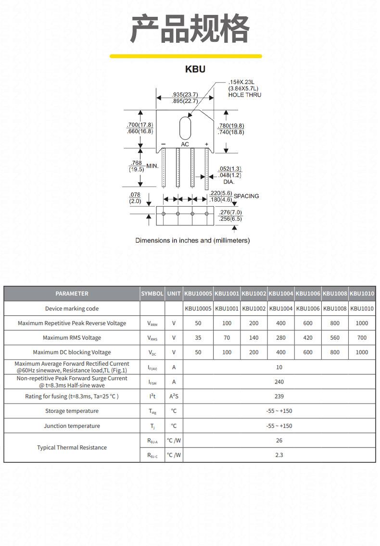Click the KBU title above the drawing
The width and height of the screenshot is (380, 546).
click(x=195, y=69)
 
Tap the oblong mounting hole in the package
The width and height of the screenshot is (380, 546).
click(x=185, y=128)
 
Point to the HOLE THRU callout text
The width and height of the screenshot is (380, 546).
click(x=245, y=95)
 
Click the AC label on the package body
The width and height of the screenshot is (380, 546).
click(x=185, y=144)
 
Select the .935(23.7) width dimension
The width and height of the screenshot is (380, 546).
click(x=185, y=94)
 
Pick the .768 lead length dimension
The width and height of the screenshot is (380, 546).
click(x=136, y=163)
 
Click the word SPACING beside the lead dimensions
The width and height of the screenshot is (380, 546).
click(x=246, y=196)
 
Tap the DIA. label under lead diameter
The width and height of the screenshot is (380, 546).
click(x=228, y=182)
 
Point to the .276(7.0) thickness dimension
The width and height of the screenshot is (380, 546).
click(x=230, y=212)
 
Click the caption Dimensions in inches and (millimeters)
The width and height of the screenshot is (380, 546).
click(x=192, y=240)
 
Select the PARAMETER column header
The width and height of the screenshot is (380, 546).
click(x=72, y=294)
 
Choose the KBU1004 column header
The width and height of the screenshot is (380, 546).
click(x=280, y=294)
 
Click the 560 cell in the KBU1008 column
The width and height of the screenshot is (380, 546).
click(x=335, y=338)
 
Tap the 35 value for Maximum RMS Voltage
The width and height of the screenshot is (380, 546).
click(x=198, y=338)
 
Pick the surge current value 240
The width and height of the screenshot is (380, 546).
click(x=279, y=382)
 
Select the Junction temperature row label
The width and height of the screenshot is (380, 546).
click(x=72, y=426)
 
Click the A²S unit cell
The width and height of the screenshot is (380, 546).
click(x=174, y=396)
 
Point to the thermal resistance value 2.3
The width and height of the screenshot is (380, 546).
click(x=279, y=455)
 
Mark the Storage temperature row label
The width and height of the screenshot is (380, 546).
click(x=72, y=411)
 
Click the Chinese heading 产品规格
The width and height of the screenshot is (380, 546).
click(x=190, y=28)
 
